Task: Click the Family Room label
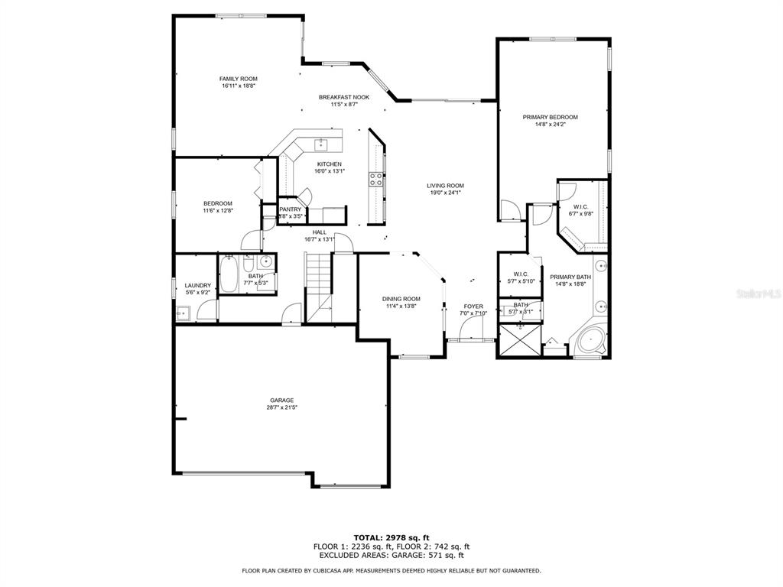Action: (x=239, y=79)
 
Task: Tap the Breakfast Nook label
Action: (x=344, y=97)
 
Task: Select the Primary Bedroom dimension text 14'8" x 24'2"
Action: (x=550, y=125)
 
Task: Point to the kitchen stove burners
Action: (x=376, y=179)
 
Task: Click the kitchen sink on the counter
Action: (x=320, y=145)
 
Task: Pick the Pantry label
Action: (x=290, y=209)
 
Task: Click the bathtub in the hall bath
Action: (x=228, y=274)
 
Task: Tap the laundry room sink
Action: (x=182, y=313)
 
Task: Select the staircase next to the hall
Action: (x=318, y=287)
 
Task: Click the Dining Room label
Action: (x=401, y=299)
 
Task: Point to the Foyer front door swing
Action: (x=471, y=328)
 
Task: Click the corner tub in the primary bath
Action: (x=590, y=342)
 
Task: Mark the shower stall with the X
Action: (x=520, y=340)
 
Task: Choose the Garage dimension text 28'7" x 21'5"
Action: (x=282, y=407)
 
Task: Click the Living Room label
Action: (x=445, y=186)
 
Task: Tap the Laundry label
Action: (x=198, y=286)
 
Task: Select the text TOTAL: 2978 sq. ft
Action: (x=391, y=537)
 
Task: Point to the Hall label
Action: (x=320, y=232)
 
